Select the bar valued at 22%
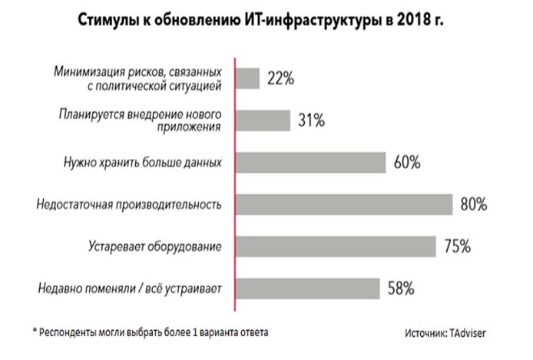(x=247, y=78)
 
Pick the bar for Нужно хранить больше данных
(x=310, y=163)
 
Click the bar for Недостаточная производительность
(x=344, y=204)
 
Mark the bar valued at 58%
(x=307, y=289)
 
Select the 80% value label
(x=475, y=205)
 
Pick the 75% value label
(x=458, y=247)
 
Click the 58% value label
(x=401, y=289)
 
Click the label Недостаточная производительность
(x=129, y=205)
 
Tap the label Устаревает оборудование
(x=154, y=247)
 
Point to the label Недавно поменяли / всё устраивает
(x=129, y=289)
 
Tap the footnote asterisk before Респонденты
(x=35, y=331)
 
